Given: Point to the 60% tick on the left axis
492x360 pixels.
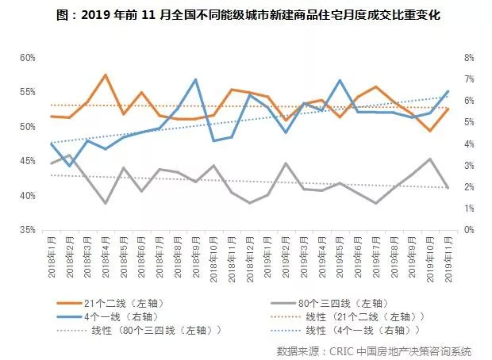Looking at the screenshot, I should click(28, 58).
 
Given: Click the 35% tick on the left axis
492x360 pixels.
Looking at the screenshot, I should click(28, 230).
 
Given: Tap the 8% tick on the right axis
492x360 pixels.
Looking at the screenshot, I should click(468, 58).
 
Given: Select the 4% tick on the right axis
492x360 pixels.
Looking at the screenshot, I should click(468, 144).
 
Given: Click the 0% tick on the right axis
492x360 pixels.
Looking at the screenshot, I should click(468, 230).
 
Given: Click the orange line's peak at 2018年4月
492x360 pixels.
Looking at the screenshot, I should click(105, 75).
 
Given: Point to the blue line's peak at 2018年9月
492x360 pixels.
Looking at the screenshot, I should click(195, 79).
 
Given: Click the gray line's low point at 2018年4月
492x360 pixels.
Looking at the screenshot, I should click(105, 203).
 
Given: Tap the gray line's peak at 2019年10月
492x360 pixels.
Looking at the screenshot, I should click(430, 159).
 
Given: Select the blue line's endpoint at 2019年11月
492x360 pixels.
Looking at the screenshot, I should click(448, 91).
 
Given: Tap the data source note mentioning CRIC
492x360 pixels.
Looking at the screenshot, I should click(374, 350).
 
